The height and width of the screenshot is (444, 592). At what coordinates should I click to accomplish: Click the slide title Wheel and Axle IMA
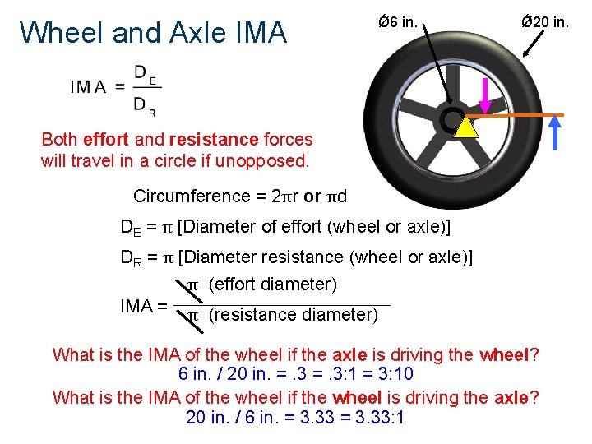click(x=153, y=32)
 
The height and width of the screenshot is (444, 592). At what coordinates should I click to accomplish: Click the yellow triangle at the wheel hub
click(x=466, y=128)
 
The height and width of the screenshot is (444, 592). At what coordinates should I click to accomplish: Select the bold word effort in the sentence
click(x=105, y=140)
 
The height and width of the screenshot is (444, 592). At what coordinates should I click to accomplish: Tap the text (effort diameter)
click(x=273, y=284)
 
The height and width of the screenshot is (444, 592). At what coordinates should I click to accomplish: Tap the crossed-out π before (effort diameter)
click(x=194, y=284)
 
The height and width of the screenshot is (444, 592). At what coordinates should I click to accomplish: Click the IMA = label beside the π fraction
click(x=144, y=306)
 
